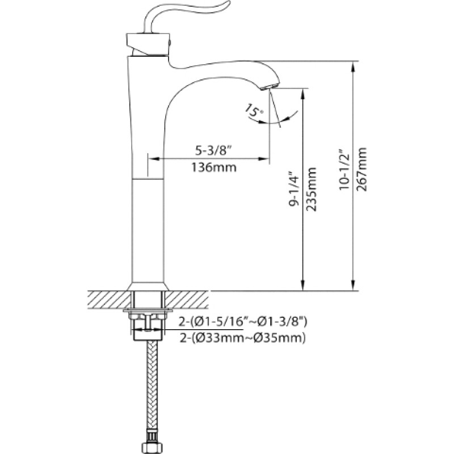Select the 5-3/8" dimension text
coord(215,150)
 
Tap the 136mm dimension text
coord(214,167)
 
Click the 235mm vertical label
coord(311,190)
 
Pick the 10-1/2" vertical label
coord(344,170)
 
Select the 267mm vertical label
coord(361,170)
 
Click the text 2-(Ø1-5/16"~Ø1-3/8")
coord(243,321)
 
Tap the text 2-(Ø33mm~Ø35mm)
coord(243,338)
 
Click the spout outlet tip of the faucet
coord(270,86)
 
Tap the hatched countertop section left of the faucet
coord(108,300)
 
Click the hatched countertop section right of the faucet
coord(187,300)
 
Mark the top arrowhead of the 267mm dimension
coord(353,66)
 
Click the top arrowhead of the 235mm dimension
coord(303,94)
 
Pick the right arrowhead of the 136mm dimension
coord(264,159)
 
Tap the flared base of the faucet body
coord(148,287)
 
